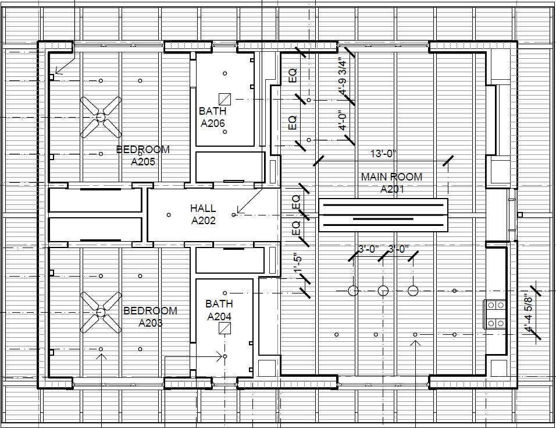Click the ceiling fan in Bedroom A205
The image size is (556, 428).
pos(101,116)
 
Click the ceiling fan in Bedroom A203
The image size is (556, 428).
pos(101,312)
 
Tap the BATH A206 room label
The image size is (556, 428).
pos(213,117)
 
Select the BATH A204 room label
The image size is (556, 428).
pos(219,310)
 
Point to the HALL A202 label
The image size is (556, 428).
pos(203,214)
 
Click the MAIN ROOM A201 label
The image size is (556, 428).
pos(391,183)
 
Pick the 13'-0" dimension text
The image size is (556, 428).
pos(383,154)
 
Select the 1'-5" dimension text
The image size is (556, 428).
pos(298,263)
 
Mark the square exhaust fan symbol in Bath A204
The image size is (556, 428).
pos(224,328)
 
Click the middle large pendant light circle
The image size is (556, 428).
pos(383,291)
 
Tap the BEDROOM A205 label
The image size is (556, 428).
pos(143,155)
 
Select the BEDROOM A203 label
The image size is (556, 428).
pos(150,317)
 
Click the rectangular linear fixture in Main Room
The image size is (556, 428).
pos(383,214)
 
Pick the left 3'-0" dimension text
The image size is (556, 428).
pos(368,249)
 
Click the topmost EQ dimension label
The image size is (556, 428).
pos(293,75)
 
